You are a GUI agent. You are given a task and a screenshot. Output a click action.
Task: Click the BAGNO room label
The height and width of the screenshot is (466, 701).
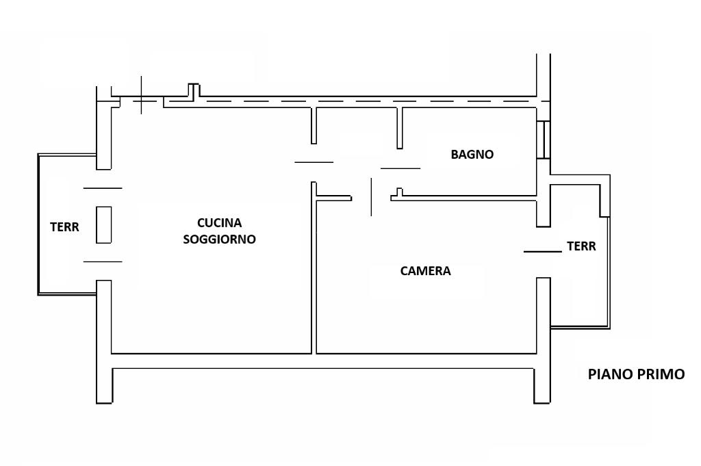(472, 155)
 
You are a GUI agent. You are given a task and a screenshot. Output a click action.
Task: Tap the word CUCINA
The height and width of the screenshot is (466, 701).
(219, 222)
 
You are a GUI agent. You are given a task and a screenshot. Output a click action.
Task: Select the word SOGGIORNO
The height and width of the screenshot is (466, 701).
(219, 239)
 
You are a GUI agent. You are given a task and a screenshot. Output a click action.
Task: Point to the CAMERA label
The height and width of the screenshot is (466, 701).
(425, 271)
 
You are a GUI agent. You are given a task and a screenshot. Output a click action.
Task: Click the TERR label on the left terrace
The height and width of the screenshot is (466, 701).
(64, 227)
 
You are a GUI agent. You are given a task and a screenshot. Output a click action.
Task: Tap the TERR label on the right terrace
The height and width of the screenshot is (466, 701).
(581, 246)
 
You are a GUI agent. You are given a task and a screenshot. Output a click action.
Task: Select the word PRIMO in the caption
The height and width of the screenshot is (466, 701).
(658, 374)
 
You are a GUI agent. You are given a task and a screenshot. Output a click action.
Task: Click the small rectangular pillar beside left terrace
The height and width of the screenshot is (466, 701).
(104, 224)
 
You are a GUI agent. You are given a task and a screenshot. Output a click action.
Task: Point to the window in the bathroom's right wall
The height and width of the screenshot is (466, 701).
(543, 139)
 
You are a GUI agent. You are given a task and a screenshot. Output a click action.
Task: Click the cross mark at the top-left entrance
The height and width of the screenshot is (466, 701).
(141, 101)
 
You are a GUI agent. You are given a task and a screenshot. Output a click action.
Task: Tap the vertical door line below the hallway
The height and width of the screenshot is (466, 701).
(371, 197)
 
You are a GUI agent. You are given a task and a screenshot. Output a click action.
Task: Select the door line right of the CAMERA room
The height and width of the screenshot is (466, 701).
(543, 252)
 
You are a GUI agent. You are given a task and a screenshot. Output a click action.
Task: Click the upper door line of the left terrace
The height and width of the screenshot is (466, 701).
(103, 188)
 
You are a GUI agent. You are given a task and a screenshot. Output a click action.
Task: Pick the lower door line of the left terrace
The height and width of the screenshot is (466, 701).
(103, 261)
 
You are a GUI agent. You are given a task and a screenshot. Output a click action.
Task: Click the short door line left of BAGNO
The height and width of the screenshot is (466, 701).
(400, 168)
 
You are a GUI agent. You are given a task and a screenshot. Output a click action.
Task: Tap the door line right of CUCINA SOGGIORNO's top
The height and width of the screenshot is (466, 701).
(314, 162)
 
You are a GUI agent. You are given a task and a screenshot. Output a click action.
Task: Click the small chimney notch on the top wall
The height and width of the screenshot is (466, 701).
(194, 90)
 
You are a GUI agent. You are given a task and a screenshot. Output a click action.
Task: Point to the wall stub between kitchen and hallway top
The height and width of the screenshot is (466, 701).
(314, 125)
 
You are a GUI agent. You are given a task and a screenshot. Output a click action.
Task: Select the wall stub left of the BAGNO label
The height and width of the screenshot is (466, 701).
(400, 128)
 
